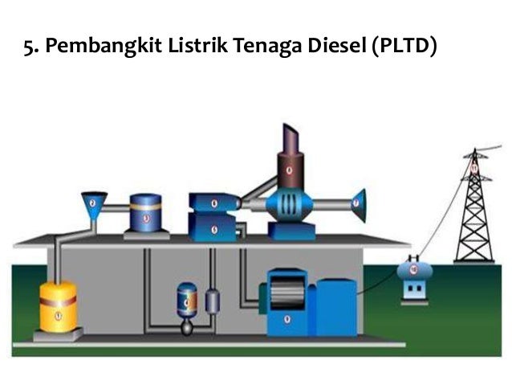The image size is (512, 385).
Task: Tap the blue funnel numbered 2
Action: pos(93,205)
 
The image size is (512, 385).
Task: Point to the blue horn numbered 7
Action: pos(357,204)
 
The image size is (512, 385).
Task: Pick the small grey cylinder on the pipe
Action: pos(212,301)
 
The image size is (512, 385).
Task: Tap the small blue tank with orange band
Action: pos(186,301)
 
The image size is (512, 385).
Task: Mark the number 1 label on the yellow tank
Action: pos(58,316)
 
